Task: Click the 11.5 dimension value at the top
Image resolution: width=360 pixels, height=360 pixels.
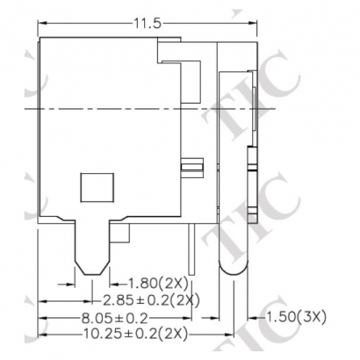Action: [x=148, y=23]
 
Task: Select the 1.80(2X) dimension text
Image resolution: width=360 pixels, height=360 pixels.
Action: [x=159, y=284]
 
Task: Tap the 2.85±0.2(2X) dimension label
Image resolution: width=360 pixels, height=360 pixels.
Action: [x=151, y=300]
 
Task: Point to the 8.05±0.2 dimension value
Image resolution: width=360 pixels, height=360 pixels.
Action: [x=115, y=318]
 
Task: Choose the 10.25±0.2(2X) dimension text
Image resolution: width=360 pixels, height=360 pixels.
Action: [x=135, y=335]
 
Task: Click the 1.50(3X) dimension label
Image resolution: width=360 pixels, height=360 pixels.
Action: [x=295, y=317]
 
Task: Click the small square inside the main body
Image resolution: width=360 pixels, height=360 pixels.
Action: [x=97, y=187]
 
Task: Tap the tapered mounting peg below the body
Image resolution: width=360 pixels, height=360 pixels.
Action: [x=92, y=248]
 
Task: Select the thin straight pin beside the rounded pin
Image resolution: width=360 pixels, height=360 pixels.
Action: [x=191, y=249]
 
